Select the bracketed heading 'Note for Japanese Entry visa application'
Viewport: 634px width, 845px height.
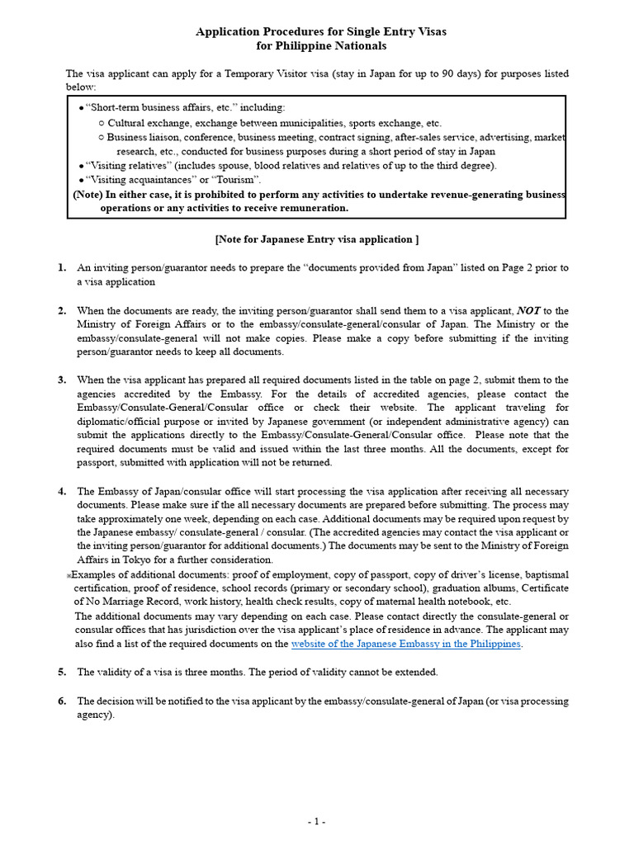[x=317, y=239]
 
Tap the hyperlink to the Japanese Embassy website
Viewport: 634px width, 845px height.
[x=406, y=644]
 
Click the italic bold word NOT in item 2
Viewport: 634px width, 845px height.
[x=528, y=311]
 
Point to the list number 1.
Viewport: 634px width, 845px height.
[x=62, y=268]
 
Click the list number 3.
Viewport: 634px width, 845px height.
[x=62, y=380]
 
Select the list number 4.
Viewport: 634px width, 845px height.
[x=62, y=492]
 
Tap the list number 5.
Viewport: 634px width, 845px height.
[x=62, y=673]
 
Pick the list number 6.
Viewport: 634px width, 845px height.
[x=62, y=701]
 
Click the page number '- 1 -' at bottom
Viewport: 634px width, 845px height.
[x=317, y=822]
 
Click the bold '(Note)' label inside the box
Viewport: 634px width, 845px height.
[x=88, y=195]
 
